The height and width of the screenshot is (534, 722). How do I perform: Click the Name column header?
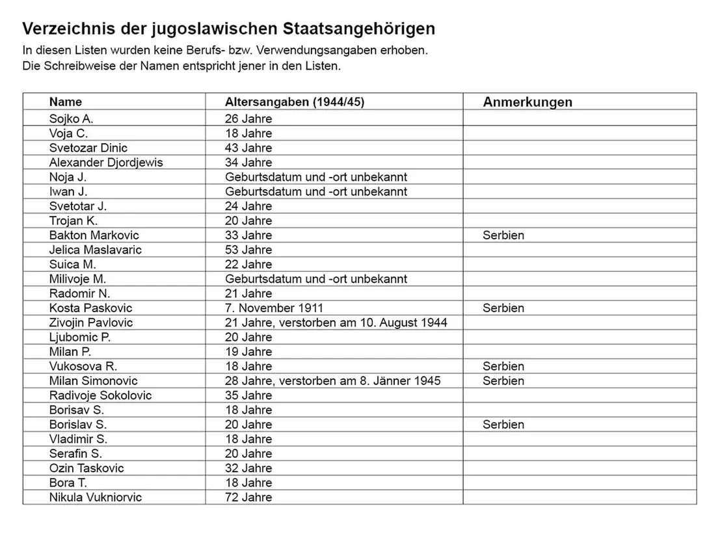click(x=66, y=102)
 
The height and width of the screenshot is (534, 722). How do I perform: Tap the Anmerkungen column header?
click(x=528, y=102)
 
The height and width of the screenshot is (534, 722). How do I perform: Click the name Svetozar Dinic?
click(x=88, y=148)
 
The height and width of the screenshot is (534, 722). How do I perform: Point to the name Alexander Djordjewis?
click(x=106, y=163)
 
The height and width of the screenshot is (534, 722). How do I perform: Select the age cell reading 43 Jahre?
click(x=248, y=148)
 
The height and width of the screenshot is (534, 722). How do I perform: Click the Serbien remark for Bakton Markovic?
click(x=503, y=235)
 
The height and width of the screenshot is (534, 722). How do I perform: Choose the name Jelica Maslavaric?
click(x=95, y=250)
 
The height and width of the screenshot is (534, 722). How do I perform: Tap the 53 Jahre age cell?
click(x=248, y=250)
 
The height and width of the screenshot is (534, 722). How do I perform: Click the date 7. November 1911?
click(x=274, y=308)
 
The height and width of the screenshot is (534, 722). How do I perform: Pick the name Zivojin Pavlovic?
click(x=91, y=323)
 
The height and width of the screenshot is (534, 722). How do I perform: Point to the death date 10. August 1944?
click(x=403, y=323)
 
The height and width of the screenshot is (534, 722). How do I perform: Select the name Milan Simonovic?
click(x=94, y=381)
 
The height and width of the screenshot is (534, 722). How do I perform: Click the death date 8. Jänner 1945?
click(x=400, y=381)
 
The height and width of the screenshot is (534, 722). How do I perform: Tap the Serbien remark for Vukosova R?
click(x=503, y=366)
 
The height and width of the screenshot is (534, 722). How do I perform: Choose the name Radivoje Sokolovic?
click(x=100, y=395)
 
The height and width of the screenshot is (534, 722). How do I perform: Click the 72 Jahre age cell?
click(x=248, y=498)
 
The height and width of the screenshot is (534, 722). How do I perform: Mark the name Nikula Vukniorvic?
click(x=96, y=498)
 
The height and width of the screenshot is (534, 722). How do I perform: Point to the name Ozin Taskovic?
click(x=87, y=468)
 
